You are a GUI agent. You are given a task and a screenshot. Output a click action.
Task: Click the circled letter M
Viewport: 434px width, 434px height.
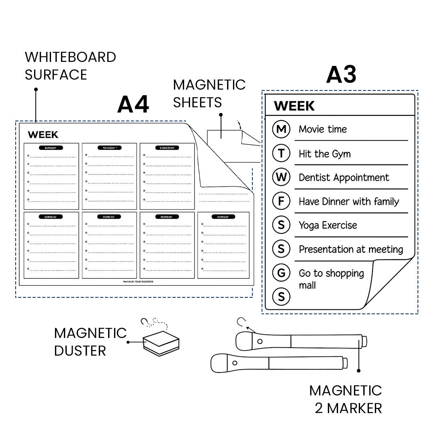point(281,129)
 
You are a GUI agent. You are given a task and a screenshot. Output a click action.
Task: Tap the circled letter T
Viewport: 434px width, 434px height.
point(281,153)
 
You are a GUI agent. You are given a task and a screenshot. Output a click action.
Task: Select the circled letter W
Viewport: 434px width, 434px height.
point(281,177)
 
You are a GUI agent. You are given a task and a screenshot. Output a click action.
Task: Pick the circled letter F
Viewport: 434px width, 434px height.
point(281,201)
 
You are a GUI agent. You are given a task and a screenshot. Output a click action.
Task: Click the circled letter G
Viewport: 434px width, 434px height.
point(281,273)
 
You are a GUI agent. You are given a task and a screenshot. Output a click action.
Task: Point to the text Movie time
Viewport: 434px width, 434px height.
point(323,129)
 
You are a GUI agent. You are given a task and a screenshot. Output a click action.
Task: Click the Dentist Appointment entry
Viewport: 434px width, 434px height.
point(344,178)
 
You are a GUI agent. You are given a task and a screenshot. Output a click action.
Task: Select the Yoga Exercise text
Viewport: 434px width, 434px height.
point(328,225)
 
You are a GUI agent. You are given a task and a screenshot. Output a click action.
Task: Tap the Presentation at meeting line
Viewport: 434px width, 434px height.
point(351,250)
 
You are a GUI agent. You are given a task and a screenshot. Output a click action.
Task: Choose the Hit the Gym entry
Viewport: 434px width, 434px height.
point(325,154)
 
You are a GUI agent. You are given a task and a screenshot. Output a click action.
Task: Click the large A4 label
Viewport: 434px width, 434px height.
point(133,105)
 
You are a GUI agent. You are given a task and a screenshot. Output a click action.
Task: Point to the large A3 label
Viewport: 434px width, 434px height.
point(341,75)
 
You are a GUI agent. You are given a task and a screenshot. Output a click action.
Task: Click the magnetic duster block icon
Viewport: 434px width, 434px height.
point(161,344)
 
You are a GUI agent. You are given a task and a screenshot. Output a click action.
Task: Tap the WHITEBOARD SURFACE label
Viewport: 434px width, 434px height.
point(70,66)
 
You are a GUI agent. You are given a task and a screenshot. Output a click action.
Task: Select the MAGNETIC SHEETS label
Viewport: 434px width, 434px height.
point(209,94)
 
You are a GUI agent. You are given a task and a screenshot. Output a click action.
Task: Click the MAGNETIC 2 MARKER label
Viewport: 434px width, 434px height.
point(346,399)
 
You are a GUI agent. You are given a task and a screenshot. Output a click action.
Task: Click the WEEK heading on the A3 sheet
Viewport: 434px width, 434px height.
point(294,106)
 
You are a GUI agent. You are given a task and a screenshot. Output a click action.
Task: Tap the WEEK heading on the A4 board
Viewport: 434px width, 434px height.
point(43,135)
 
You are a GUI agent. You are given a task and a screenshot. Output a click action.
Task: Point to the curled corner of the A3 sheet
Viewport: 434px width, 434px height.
point(386,281)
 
